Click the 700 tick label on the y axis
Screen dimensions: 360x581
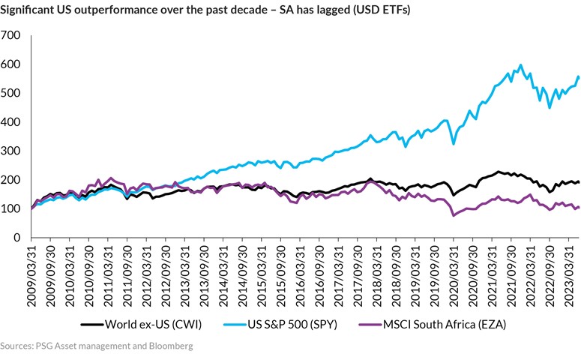coord(11,35)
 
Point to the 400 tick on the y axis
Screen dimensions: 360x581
coord(11,122)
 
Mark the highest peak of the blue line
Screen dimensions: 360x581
coord(520,65)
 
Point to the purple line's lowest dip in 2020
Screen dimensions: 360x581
coord(454,215)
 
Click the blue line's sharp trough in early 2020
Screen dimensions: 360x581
coord(454,143)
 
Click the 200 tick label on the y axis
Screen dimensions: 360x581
coord(11,180)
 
